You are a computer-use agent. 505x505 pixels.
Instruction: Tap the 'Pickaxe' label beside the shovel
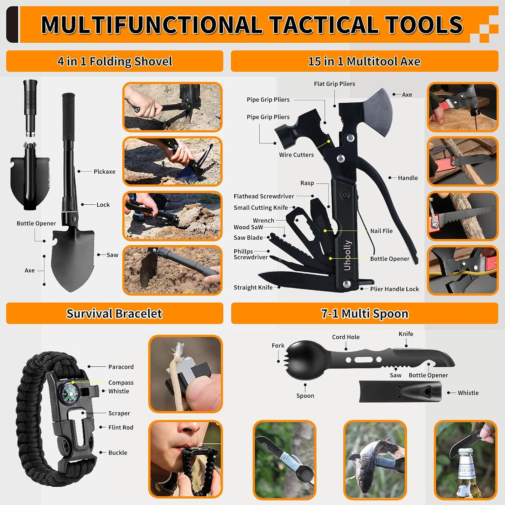[104, 171]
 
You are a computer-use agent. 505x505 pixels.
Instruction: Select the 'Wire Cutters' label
[296, 155]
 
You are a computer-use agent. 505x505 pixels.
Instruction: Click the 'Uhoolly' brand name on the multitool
[347, 255]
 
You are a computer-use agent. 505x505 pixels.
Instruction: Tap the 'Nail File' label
[381, 231]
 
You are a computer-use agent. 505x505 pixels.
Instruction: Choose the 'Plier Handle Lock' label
[395, 289]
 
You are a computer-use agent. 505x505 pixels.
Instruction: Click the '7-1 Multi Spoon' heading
[365, 313]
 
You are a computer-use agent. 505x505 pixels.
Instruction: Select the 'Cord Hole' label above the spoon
[346, 337]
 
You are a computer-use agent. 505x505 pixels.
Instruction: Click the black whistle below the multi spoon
[400, 392]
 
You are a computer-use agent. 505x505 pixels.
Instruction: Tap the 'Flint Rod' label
[121, 427]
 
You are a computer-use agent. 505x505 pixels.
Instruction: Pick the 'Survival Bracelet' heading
[114, 313]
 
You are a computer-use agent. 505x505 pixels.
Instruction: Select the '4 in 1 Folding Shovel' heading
[115, 61]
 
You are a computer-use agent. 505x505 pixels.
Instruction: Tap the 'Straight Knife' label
[253, 288]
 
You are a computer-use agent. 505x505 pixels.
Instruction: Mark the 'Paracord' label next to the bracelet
[121, 367]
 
